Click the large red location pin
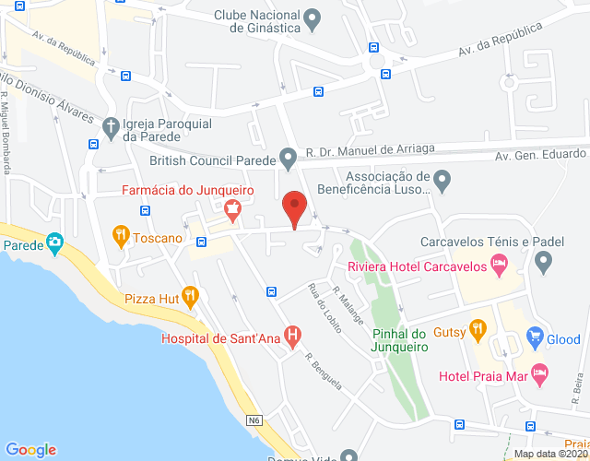[x=294, y=207]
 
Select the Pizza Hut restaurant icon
[x=191, y=297]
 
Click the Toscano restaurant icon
[x=120, y=236]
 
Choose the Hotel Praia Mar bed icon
[x=540, y=373]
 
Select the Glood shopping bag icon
[x=534, y=338]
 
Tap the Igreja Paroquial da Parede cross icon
[x=110, y=124]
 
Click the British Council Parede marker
[x=289, y=158]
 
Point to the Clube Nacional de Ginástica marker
[x=313, y=18]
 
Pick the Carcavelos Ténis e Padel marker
[x=543, y=265]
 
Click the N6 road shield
[x=254, y=420]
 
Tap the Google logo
[x=29, y=449]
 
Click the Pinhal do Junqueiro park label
[x=401, y=340]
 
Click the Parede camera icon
[x=54, y=243]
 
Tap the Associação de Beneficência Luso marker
[x=442, y=180]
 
